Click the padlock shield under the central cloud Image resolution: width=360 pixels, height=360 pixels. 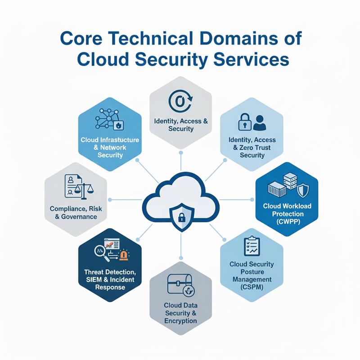(x=181, y=218)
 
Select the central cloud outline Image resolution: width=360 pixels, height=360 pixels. (x=180, y=198)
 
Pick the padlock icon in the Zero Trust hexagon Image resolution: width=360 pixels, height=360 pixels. (x=244, y=122)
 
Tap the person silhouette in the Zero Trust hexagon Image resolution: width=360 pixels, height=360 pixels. (x=260, y=122)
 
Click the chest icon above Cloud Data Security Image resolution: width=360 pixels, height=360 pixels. (x=180, y=284)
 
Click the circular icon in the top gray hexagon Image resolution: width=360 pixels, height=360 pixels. (x=180, y=101)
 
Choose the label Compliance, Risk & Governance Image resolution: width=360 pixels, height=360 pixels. (x=74, y=212)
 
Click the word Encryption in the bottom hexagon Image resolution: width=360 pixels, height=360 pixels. (x=180, y=321)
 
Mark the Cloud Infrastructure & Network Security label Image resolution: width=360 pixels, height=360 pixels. (x=110, y=148)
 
